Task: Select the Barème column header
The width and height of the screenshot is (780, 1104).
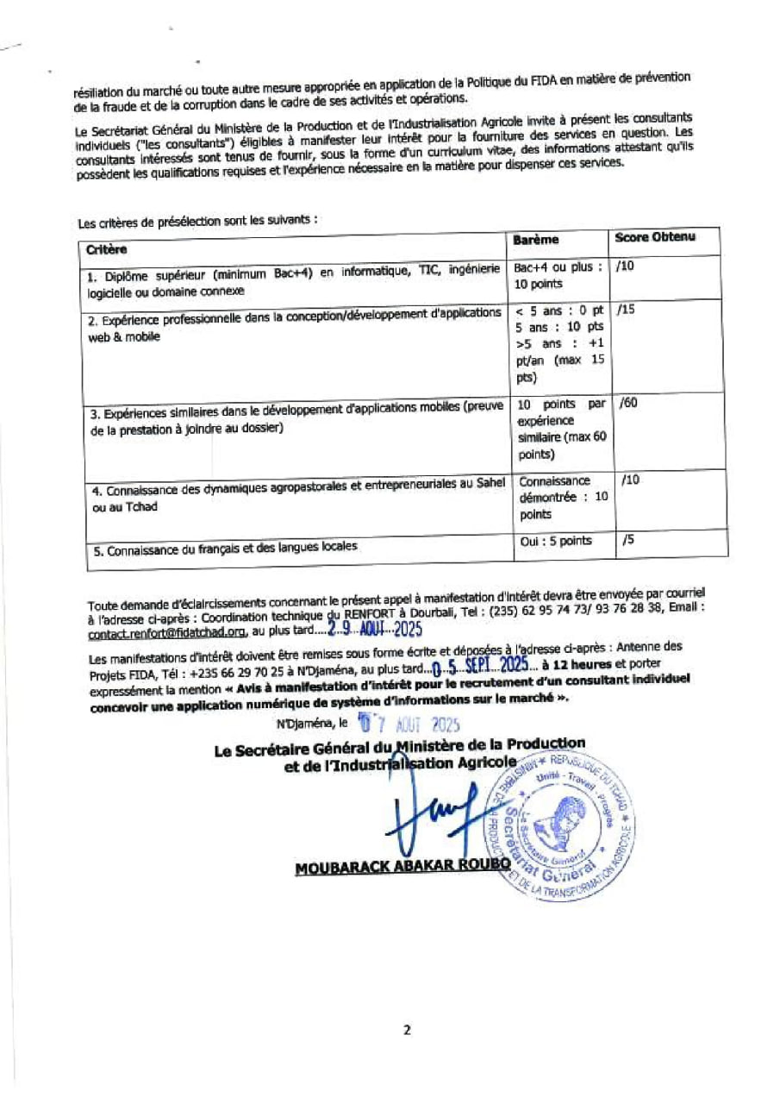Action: [x=536, y=239]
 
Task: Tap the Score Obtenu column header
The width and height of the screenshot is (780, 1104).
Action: [x=654, y=236]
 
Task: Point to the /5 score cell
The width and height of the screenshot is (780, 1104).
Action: [x=627, y=541]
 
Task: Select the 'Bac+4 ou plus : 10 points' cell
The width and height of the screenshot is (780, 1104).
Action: [x=558, y=275]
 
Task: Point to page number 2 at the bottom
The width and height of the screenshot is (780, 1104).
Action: [x=406, y=1029]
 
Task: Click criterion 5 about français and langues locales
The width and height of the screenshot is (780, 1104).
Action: [x=222, y=548]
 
